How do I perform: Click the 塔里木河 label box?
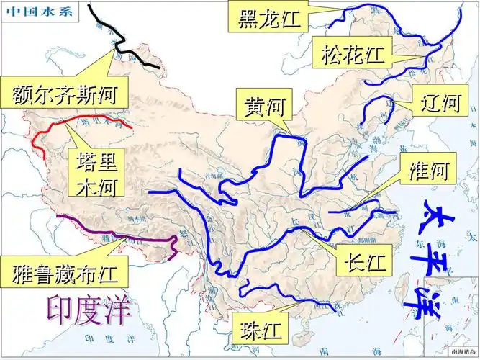point(96,173)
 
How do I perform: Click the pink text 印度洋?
point(89,309)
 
